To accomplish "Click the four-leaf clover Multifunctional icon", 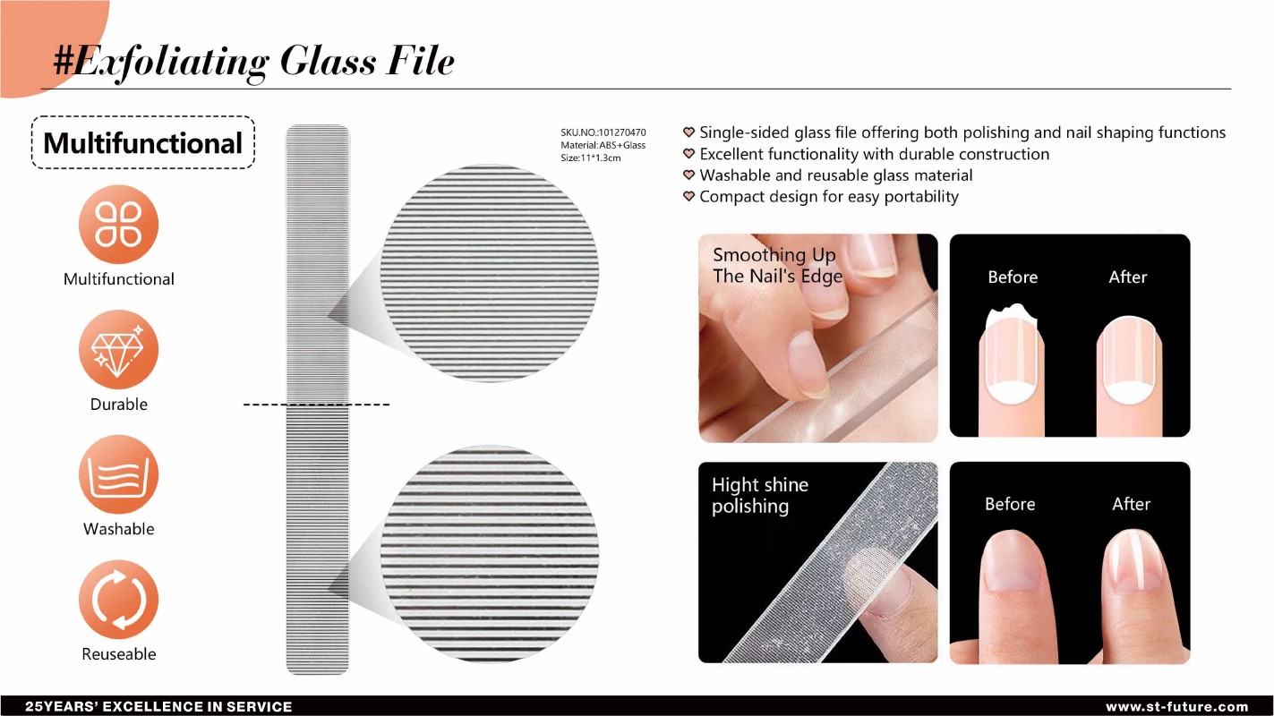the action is [x=118, y=224].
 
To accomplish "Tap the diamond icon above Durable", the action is [x=118, y=349].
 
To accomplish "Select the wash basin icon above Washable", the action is [x=118, y=474].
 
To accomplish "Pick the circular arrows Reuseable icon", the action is [x=118, y=600].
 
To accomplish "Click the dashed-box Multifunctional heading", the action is [x=142, y=142].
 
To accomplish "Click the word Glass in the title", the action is [x=329, y=61].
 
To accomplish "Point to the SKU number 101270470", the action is [x=621, y=132].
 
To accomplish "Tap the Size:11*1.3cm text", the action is [x=590, y=158].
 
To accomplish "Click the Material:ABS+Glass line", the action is [x=603, y=146].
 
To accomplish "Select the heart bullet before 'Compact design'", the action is [x=688, y=197].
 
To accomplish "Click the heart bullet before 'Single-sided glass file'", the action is [x=688, y=132].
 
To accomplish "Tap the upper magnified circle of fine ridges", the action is [x=489, y=273].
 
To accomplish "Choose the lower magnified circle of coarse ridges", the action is [x=489, y=554].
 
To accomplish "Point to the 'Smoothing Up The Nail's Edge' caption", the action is [x=777, y=266].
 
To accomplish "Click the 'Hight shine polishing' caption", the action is [x=760, y=495].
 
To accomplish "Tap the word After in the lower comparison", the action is [x=1132, y=504].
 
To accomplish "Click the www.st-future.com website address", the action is [x=1176, y=707].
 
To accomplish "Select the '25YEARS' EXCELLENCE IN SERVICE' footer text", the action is [x=158, y=707].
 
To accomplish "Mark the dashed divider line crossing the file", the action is [x=316, y=405].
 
